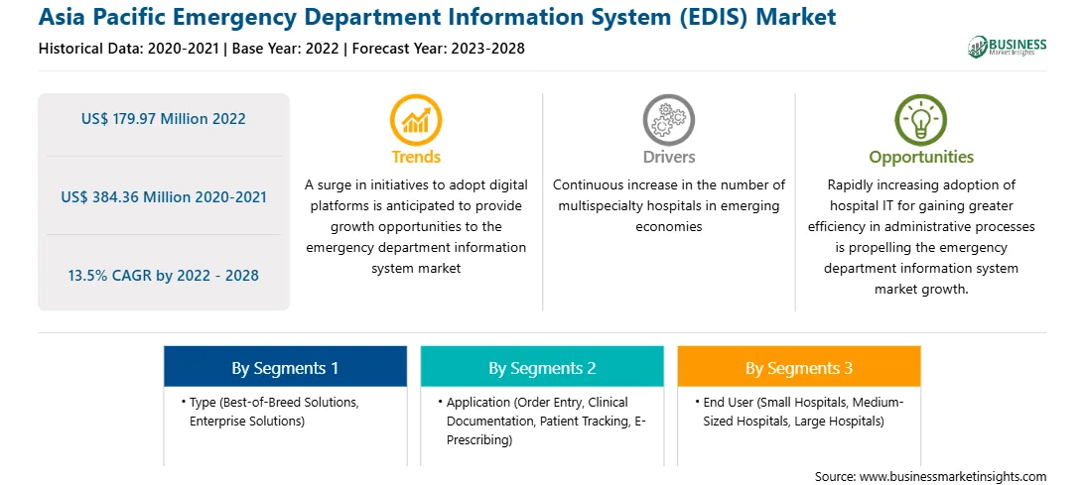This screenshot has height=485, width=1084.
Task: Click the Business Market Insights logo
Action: point(1008,47)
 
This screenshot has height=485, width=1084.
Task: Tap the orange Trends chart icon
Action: point(416,120)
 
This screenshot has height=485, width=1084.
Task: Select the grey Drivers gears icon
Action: point(668,120)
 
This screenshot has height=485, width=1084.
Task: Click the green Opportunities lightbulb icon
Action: point(921,120)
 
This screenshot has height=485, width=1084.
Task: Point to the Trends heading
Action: point(416,157)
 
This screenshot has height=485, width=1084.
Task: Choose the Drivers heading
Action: point(668,157)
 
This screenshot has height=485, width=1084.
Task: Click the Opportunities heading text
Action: point(921,158)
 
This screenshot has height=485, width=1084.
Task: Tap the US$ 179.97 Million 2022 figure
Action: point(163,119)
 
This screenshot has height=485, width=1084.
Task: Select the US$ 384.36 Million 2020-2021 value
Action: point(163,197)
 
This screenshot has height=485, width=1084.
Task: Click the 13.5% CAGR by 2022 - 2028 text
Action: point(163,276)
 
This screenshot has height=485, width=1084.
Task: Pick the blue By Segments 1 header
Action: point(285,367)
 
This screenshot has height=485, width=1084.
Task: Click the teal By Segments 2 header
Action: point(542,367)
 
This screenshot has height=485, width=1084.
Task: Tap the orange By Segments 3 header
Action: point(798,367)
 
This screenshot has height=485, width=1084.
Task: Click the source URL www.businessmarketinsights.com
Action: point(953,477)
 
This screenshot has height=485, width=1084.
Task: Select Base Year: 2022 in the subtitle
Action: point(286,49)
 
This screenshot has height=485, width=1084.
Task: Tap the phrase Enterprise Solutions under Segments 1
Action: point(247,421)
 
